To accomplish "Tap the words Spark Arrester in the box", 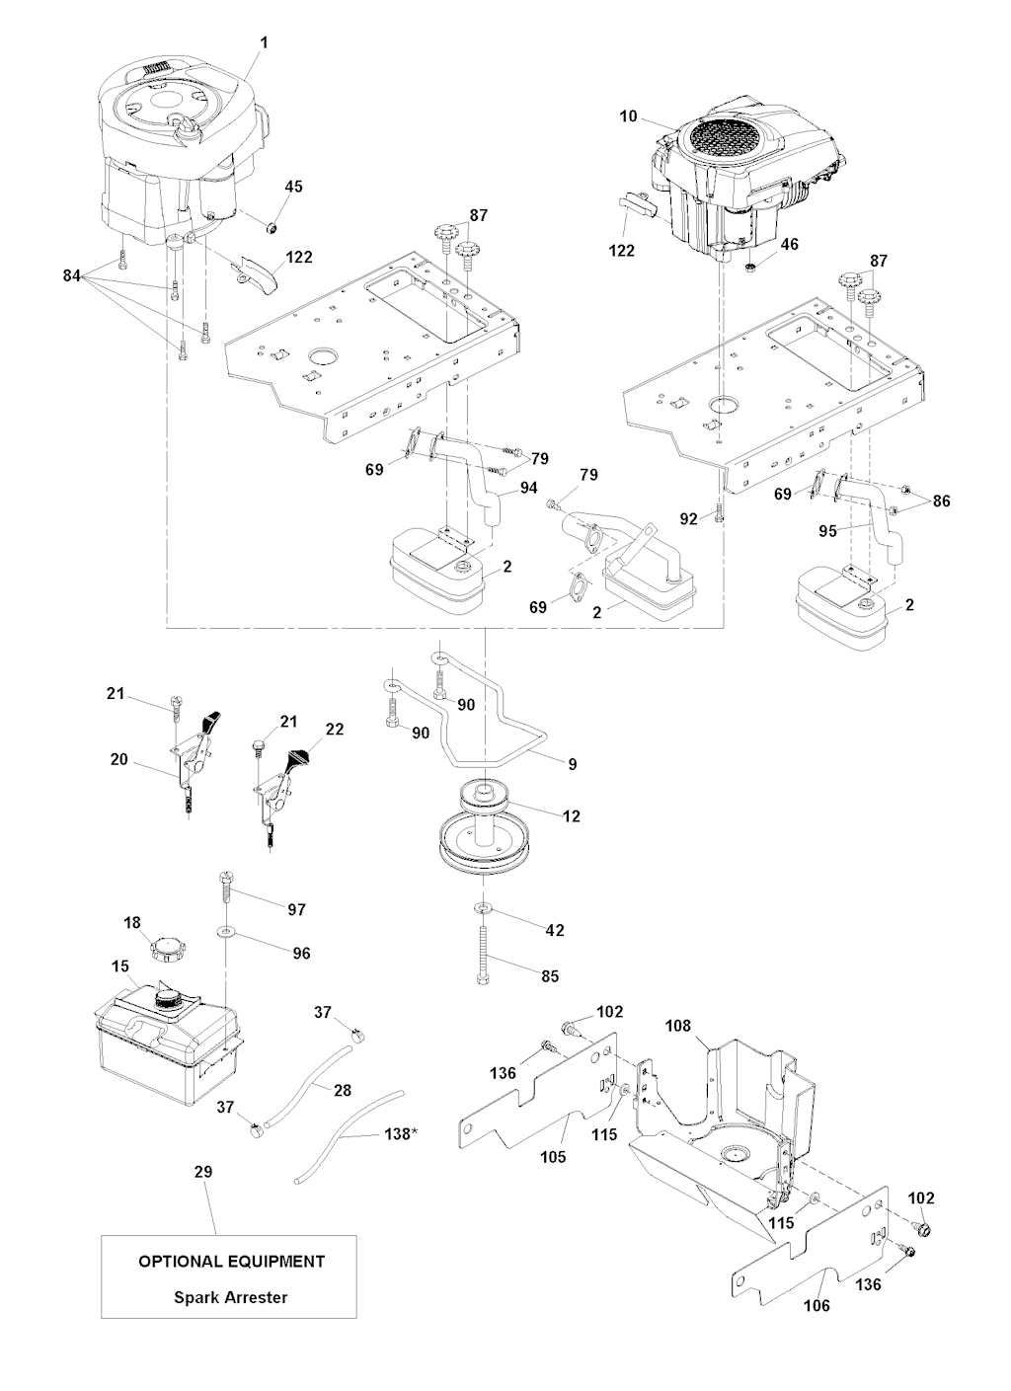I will click(x=230, y=1297).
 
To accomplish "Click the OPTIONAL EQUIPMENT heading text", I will click(x=230, y=1261).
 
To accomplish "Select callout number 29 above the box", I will click(x=202, y=1172).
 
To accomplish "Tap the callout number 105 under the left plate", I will click(x=554, y=1156).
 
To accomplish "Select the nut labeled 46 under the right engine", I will click(x=751, y=266).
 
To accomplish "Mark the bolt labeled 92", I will click(x=720, y=514).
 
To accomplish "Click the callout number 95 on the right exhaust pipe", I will click(x=828, y=530).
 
